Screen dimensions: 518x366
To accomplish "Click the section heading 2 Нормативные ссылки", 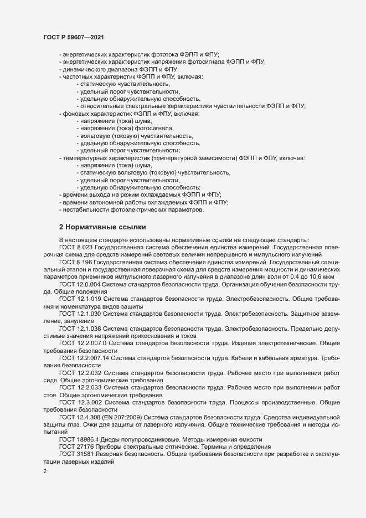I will (x=102, y=227).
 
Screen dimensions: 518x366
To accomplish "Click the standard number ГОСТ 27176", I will (x=73, y=447).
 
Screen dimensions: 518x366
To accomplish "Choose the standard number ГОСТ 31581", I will (x=73, y=454).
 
